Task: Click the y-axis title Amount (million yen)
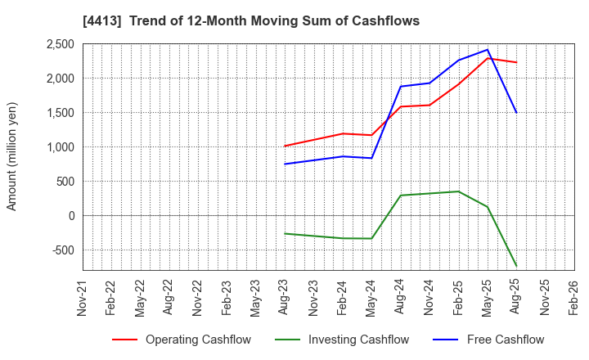click(12, 156)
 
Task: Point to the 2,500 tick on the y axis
click(60, 44)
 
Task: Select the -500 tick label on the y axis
click(63, 250)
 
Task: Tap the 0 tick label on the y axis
click(72, 216)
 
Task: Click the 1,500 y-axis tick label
click(60, 113)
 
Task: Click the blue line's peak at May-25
click(488, 50)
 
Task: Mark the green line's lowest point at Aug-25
click(516, 266)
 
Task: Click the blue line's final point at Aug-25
click(516, 112)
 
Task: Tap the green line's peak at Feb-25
click(458, 191)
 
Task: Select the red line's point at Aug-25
click(516, 62)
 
